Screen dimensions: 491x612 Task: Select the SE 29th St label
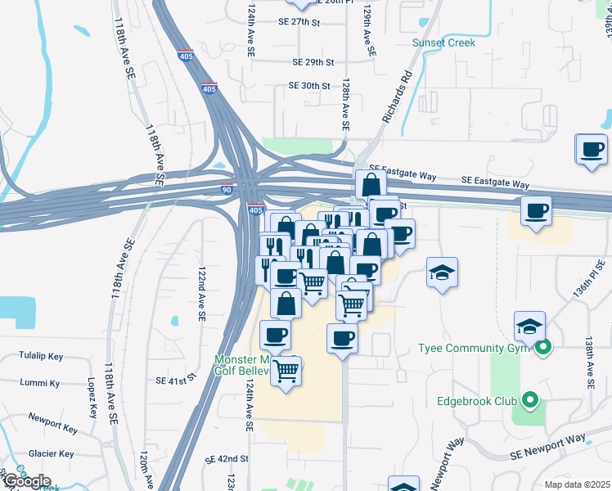313,61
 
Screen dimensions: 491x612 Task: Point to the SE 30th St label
308,85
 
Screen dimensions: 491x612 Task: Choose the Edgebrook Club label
478,401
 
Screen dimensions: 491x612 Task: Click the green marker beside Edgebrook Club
530,400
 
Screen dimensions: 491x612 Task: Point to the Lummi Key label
43,383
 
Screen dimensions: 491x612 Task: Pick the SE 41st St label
177,380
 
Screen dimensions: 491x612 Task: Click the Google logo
26,480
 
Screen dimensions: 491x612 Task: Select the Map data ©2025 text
577,484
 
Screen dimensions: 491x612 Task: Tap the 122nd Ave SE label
202,292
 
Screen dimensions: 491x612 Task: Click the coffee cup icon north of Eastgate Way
592,150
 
